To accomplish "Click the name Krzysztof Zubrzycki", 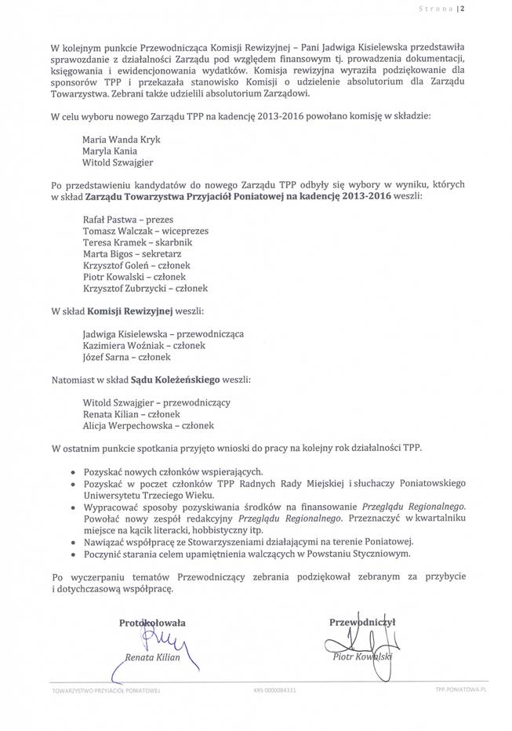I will tap(122, 289).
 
